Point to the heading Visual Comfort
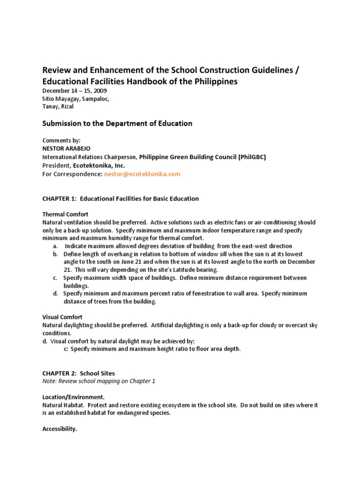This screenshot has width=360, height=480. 62,317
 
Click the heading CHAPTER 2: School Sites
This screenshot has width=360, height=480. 78,373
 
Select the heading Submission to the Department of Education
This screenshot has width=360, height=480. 117,124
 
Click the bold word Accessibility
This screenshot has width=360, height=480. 60,429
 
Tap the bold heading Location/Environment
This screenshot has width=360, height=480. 73,397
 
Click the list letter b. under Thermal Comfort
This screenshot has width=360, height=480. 55,254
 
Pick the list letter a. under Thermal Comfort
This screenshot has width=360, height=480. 55,246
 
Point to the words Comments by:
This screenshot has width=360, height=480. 61,140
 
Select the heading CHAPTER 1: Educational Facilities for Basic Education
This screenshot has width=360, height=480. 120,199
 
